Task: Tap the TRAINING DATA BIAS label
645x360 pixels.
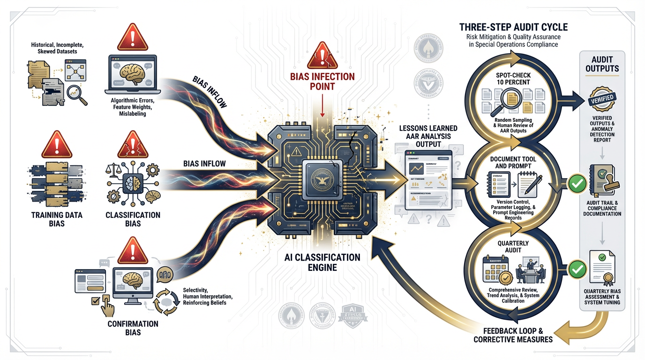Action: point(57,219)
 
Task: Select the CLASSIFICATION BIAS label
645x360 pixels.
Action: point(133,219)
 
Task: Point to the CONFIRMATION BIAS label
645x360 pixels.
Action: point(133,328)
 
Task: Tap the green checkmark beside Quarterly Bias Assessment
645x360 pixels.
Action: point(577,269)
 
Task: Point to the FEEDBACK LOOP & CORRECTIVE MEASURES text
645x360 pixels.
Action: point(513,334)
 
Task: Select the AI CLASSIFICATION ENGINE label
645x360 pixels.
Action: point(322,262)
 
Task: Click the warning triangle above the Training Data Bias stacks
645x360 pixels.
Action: point(57,144)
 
